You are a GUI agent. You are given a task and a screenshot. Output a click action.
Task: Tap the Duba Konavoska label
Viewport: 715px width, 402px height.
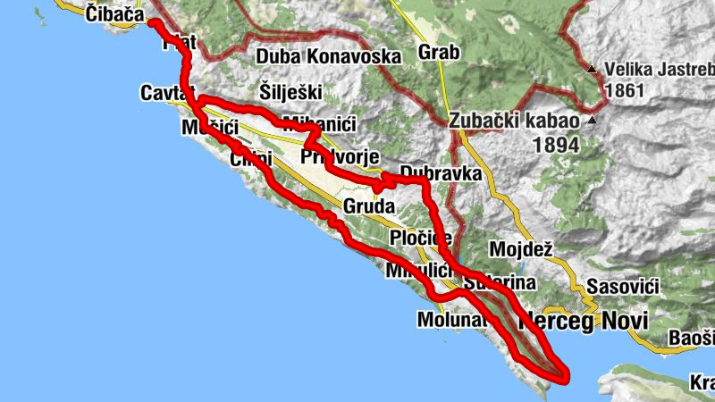(328, 57)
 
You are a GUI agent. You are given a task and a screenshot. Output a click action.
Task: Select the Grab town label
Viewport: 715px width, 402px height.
(438, 53)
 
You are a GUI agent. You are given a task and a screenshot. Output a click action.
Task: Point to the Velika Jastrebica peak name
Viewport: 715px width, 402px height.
(660, 69)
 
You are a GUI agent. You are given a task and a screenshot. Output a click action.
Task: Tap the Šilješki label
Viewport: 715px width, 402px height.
(290, 90)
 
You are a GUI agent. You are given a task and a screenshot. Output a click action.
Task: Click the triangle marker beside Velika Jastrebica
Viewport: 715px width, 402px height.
(593, 69)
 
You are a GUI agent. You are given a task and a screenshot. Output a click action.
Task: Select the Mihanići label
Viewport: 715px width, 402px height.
(308, 123)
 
